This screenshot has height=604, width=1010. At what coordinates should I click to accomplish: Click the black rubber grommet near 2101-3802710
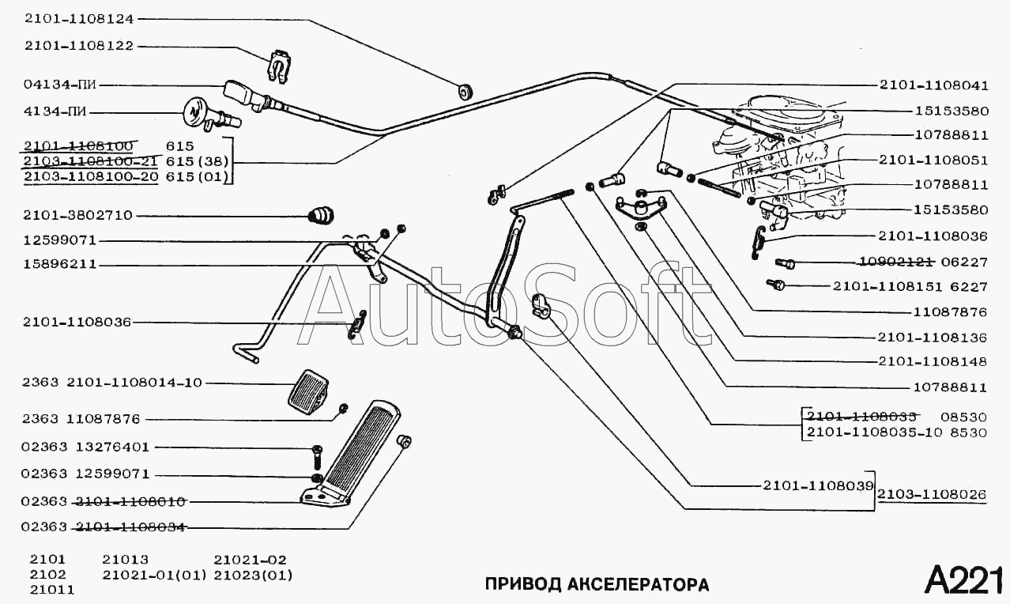(x=322, y=214)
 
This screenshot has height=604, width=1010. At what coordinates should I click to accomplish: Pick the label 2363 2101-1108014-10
(x=112, y=383)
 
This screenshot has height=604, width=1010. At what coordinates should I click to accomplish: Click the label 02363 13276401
(x=86, y=447)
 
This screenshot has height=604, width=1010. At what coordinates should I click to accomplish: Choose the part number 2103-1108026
(x=933, y=495)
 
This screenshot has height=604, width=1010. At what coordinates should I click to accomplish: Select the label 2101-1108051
(x=933, y=160)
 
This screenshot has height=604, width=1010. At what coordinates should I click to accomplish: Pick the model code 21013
(x=125, y=558)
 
